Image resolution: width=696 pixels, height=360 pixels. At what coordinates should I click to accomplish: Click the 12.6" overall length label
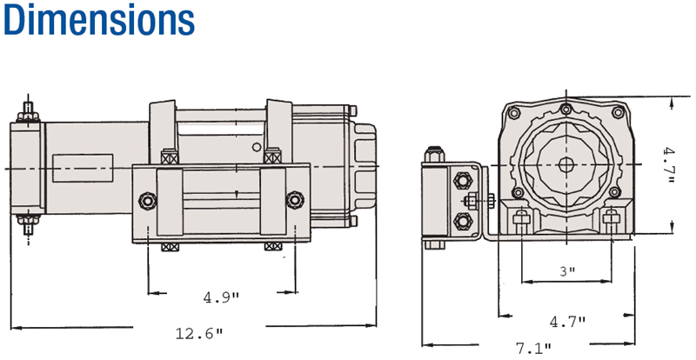(199, 333)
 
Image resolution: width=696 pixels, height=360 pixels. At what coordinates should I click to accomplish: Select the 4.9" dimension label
(221, 297)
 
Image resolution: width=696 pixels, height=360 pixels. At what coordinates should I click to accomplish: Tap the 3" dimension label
(567, 271)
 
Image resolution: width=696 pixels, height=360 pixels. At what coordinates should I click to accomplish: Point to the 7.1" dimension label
(533, 348)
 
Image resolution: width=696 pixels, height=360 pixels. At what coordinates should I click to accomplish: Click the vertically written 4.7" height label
(668, 166)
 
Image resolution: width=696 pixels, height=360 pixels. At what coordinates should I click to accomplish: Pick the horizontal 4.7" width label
(568, 321)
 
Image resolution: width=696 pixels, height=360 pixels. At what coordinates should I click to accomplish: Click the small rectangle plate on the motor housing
(83, 168)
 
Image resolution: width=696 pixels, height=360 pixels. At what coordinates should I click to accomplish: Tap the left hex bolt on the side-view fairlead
(147, 201)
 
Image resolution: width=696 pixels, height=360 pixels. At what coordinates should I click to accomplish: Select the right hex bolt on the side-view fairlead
(295, 200)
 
